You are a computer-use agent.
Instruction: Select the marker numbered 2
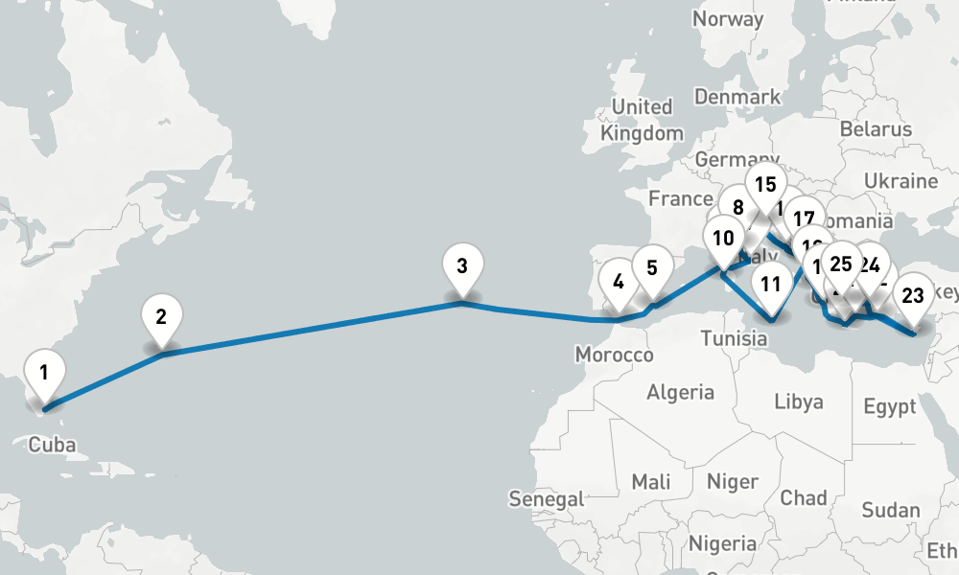pyautogui.click(x=161, y=316)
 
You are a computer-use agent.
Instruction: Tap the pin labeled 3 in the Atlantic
pyautogui.click(x=462, y=266)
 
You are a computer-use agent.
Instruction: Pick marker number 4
pyautogui.click(x=618, y=282)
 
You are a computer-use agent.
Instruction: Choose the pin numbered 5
pyautogui.click(x=652, y=267)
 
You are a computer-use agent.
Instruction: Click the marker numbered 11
pyautogui.click(x=771, y=284)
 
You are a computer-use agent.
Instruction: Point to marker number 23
pyautogui.click(x=913, y=295)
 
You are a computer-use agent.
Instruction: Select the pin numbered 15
pyautogui.click(x=765, y=184)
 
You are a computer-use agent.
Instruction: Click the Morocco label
pyautogui.click(x=614, y=356)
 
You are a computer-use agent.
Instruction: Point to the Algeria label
pyautogui.click(x=681, y=392)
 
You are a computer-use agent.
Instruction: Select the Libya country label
pyautogui.click(x=799, y=401)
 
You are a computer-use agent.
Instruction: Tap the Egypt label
pyautogui.click(x=889, y=407)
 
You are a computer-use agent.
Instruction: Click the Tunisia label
pyautogui.click(x=733, y=338)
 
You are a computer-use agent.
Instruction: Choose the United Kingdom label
pyautogui.click(x=642, y=120)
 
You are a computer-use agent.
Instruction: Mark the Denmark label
pyautogui.click(x=737, y=97)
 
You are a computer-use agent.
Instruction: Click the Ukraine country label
pyautogui.click(x=901, y=181)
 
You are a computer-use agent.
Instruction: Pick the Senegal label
pyautogui.click(x=548, y=498)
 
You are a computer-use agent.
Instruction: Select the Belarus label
pyautogui.click(x=876, y=129)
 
